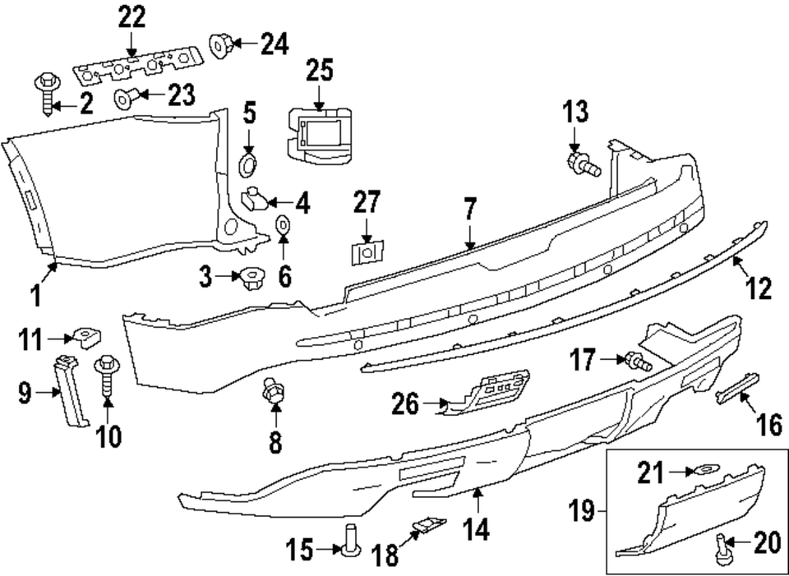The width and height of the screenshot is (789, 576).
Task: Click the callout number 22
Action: [x=131, y=17]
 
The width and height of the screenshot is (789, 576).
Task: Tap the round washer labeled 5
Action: [x=247, y=163]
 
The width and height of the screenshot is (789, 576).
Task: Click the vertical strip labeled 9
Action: [x=71, y=390]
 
